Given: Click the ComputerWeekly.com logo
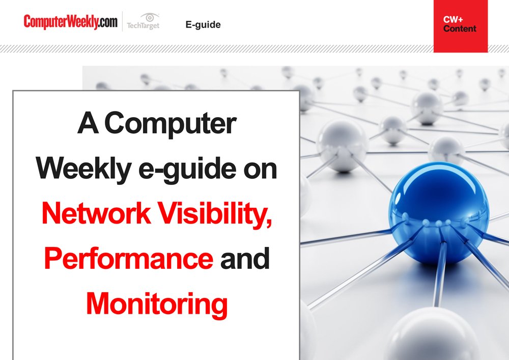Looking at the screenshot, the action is click(x=70, y=22).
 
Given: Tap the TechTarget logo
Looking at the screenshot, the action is click(x=143, y=21).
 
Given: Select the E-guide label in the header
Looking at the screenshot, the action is click(x=203, y=24).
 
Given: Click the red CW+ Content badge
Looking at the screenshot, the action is click(x=461, y=26).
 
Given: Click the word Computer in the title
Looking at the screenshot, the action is click(x=170, y=123).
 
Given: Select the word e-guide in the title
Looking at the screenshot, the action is click(x=187, y=170).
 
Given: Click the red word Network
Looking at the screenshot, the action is click(x=96, y=213).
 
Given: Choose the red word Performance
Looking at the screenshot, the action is click(x=129, y=258).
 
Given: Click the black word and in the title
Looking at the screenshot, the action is click(x=245, y=258).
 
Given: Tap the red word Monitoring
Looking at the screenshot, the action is click(x=157, y=304).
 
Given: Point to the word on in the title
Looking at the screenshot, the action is click(x=260, y=170).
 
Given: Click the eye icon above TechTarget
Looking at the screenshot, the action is click(x=150, y=17).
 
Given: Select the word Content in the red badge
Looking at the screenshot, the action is click(x=460, y=29).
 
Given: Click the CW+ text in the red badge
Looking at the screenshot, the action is click(x=453, y=20).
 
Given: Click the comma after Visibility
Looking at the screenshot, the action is click(x=269, y=224).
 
